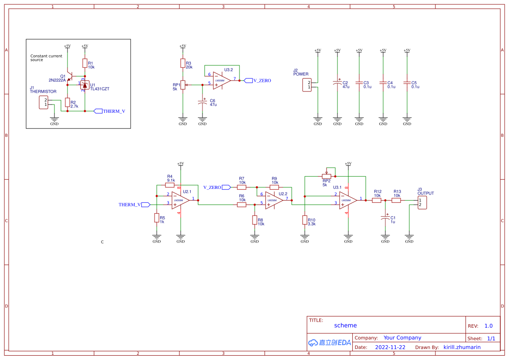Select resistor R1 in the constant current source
click(x=85, y=63)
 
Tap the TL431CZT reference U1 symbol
click(x=85, y=85)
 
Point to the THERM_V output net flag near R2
click(x=98, y=111)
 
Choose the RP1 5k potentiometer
click(x=183, y=85)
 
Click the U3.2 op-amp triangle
click(x=221, y=81)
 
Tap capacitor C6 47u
click(x=202, y=102)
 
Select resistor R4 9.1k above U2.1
click(x=170, y=185)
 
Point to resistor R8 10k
click(x=255, y=220)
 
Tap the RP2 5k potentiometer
click(x=327, y=176)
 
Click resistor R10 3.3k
click(x=305, y=220)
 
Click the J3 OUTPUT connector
click(x=422, y=202)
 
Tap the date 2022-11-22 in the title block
click(x=390, y=347)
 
